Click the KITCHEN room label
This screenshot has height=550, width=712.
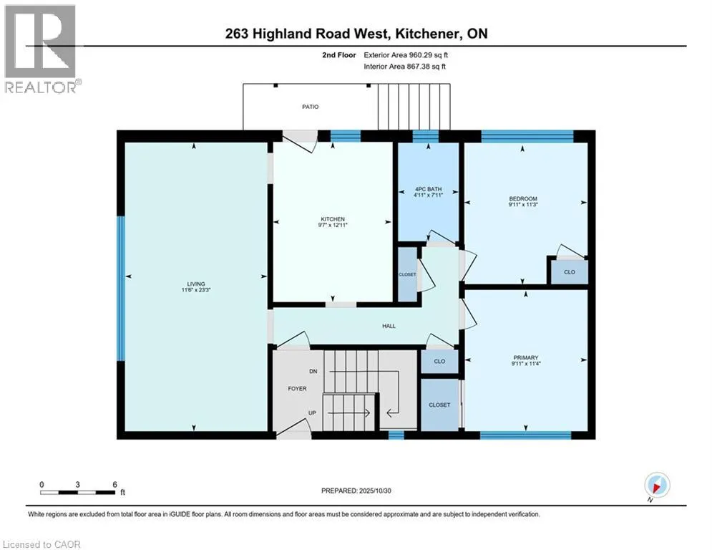coord(333,219)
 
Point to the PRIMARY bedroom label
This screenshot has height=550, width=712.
coord(525,357)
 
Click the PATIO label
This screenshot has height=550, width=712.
coord(309,107)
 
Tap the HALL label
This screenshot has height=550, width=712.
coord(389,326)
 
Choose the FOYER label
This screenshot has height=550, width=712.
coord(297,389)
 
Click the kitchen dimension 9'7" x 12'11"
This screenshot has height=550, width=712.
coord(333,226)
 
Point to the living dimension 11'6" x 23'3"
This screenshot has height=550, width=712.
coord(195,290)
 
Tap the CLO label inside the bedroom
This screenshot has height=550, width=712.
coord(570,272)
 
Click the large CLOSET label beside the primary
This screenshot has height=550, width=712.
coord(439,405)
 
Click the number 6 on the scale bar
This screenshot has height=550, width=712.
coord(115,483)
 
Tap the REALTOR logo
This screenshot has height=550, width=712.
coord(41,49)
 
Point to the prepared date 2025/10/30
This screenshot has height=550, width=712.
coord(378,491)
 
